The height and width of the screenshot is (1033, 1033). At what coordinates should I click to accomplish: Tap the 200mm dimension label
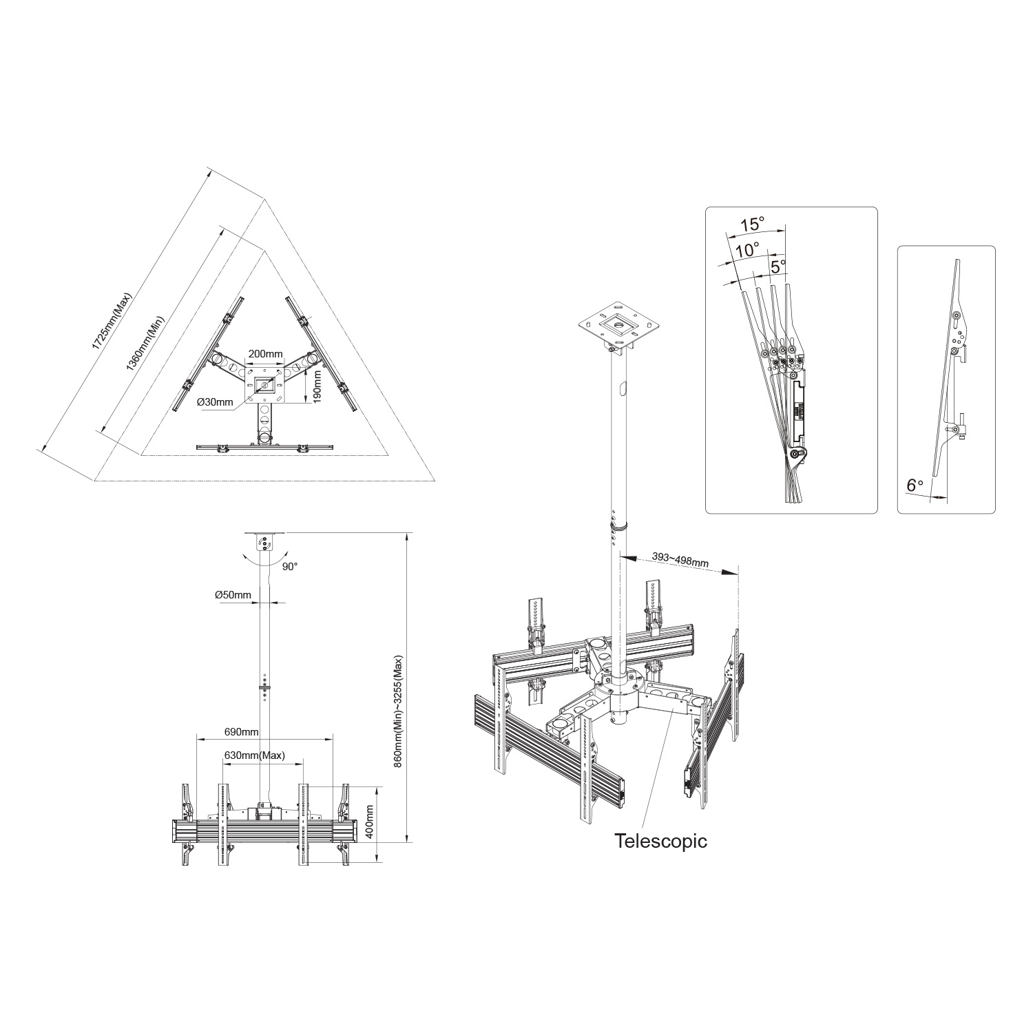(265, 354)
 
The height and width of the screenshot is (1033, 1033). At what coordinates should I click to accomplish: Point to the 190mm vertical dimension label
(317, 388)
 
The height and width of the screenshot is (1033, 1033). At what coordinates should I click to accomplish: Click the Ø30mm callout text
(215, 402)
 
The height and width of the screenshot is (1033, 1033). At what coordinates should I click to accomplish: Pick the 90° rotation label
(289, 567)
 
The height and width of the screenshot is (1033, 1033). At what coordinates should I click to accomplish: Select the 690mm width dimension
(241, 731)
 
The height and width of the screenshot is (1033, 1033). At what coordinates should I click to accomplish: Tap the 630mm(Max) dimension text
(254, 755)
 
